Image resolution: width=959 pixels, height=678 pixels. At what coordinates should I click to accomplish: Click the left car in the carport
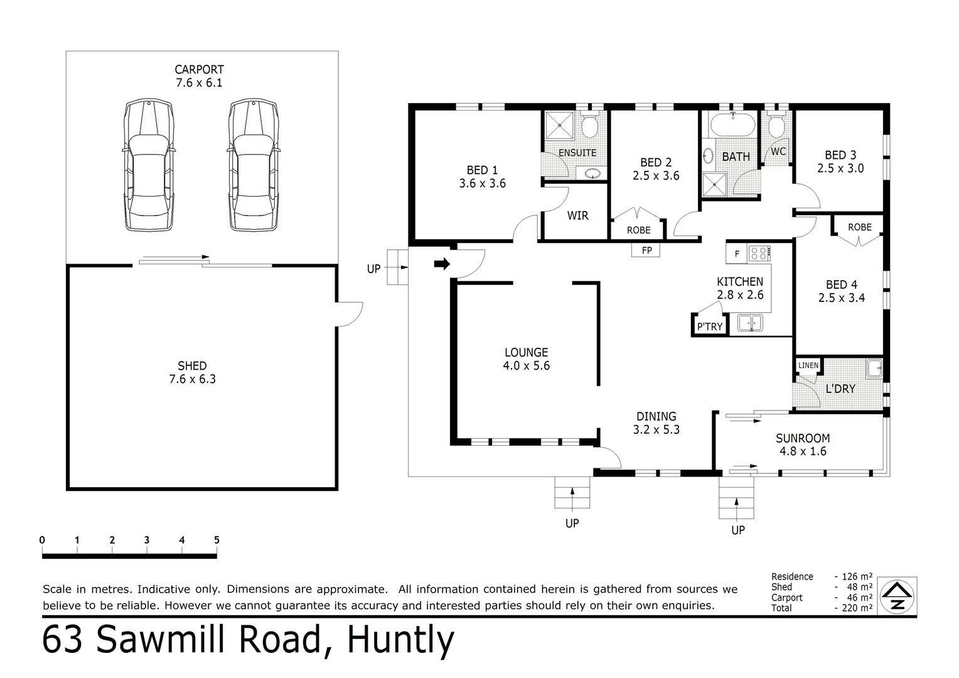coord(147,166)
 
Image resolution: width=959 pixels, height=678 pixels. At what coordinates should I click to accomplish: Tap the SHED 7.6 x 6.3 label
coord(192,372)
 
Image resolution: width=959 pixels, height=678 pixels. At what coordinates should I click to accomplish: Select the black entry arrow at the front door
coord(442,264)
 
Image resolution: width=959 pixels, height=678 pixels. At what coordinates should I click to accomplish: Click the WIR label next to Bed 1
coord(577,216)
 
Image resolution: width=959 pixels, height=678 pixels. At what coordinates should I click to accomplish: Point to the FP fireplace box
coord(646,250)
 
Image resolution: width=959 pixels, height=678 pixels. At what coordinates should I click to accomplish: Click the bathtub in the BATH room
coord(732,126)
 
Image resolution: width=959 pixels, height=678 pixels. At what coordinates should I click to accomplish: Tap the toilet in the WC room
coord(777,127)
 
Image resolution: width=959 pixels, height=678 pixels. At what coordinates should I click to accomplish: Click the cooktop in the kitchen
coord(759,254)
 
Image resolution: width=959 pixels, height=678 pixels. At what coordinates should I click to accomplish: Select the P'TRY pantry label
coord(710,326)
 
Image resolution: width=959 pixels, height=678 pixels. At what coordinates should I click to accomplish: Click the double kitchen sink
coord(750,323)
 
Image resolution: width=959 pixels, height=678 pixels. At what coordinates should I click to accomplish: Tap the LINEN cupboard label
coord(808,365)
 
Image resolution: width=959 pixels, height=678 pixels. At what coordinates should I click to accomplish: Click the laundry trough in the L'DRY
coord(874,369)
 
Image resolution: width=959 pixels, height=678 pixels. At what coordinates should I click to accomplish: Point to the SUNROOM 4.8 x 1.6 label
coord(803,444)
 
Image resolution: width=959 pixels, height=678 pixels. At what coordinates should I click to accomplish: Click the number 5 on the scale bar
coord(217,540)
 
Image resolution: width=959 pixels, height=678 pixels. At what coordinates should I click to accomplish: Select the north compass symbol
coord(898,595)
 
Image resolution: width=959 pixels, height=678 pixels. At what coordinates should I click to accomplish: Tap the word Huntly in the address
coord(400,640)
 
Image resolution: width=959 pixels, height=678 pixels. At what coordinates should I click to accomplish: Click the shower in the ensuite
coord(559,126)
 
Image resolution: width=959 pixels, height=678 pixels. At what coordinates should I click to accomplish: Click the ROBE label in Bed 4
coord(859,227)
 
